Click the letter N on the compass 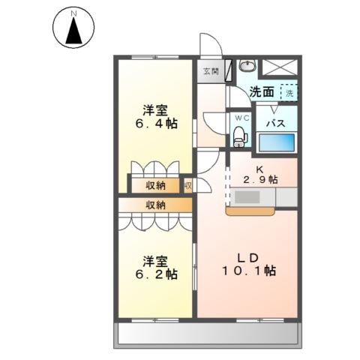click(x=73, y=13)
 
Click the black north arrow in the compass click(x=73, y=31)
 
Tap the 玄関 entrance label click(x=211, y=71)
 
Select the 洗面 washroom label click(x=262, y=92)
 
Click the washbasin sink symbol click(x=247, y=66)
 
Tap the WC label click(x=242, y=118)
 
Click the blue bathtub click(x=277, y=142)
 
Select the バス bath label click(x=276, y=123)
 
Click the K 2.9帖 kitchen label click(x=260, y=175)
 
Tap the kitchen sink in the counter click(x=247, y=197)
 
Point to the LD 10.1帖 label click(x=249, y=264)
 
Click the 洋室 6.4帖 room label click(x=157, y=117)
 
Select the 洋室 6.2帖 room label click(x=157, y=268)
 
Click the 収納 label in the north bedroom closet click(x=155, y=186)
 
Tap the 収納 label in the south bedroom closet click(x=155, y=205)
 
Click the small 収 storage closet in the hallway click(x=188, y=185)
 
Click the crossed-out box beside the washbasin click(x=280, y=67)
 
